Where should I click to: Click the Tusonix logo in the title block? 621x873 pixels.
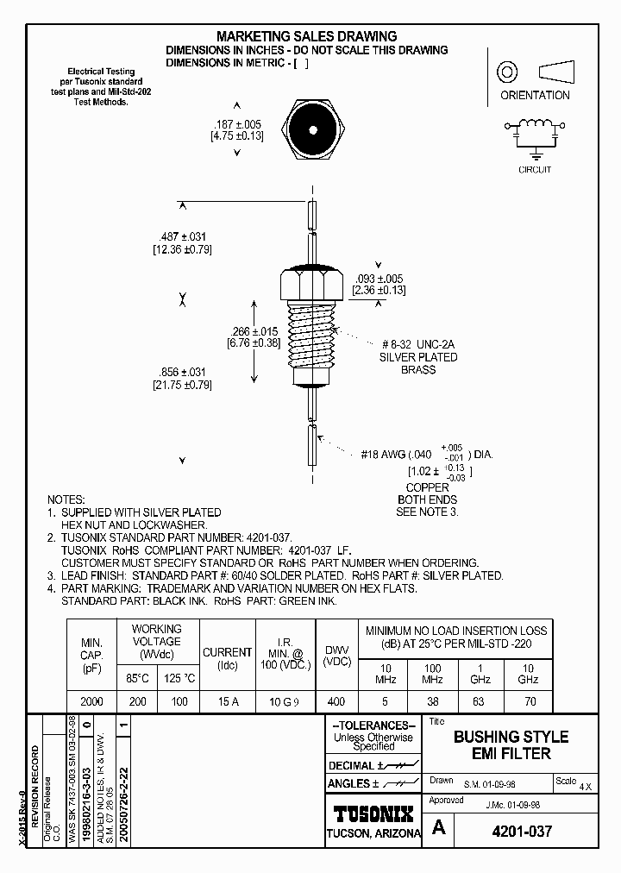tap(373, 813)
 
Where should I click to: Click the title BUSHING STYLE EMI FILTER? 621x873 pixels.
tap(511, 744)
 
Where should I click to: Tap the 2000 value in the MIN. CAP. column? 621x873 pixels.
tap(91, 701)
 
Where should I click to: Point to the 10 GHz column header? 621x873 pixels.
tap(528, 674)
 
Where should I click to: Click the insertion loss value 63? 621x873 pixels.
tap(480, 701)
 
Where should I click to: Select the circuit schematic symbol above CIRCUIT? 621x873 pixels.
tap(534, 131)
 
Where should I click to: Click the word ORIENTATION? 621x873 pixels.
tap(535, 96)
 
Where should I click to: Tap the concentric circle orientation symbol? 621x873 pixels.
tap(508, 70)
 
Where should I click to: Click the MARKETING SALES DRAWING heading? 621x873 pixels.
tap(306, 36)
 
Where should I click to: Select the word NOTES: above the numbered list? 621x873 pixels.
tap(66, 499)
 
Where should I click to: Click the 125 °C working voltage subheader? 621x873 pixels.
tap(179, 679)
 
